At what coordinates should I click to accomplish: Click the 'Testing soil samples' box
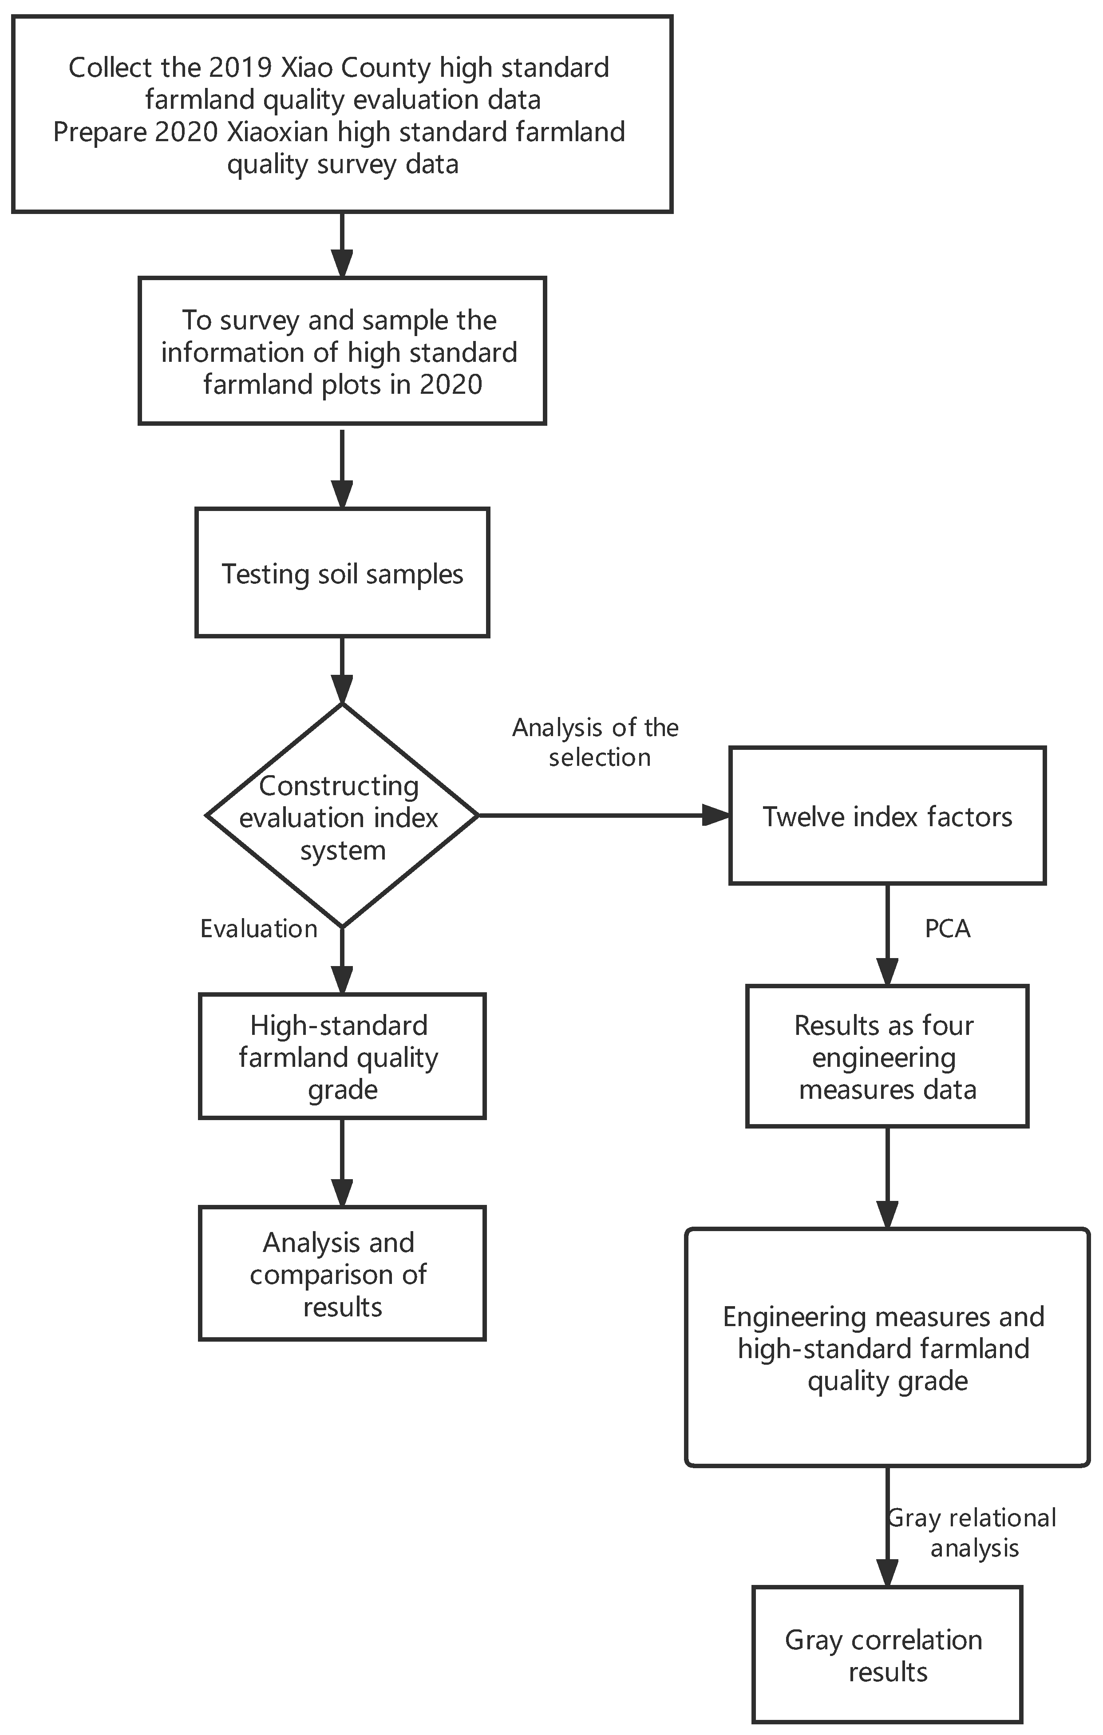342,573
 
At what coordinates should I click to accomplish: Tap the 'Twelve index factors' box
887,816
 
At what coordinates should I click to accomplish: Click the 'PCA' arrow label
947,929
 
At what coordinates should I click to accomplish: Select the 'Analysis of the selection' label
596,742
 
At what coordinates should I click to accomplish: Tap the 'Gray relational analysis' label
973,1533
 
